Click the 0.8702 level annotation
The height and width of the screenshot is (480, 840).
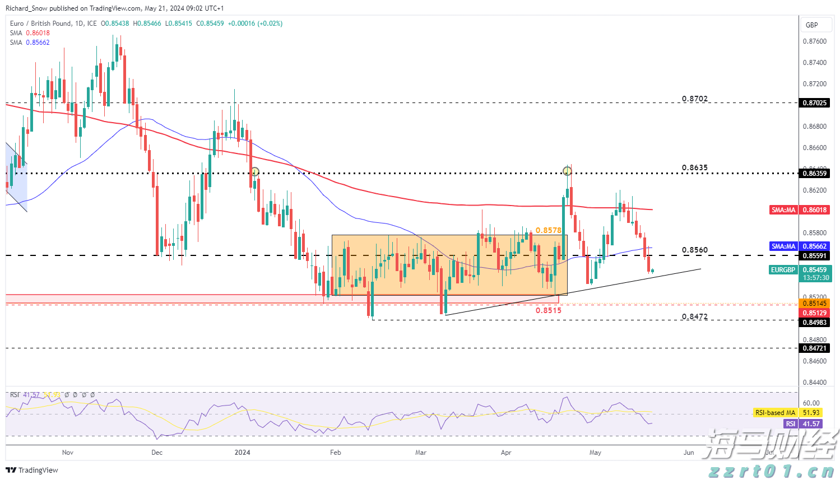[x=694, y=99]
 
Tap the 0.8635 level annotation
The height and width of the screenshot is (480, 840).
[x=694, y=168]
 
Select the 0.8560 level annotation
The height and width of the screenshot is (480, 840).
[x=694, y=250]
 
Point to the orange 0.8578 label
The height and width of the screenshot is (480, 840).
[x=548, y=230]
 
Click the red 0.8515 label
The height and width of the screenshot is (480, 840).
[x=548, y=310]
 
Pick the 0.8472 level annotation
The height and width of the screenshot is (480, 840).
[x=694, y=316]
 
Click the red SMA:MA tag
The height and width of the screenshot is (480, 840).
[x=783, y=210]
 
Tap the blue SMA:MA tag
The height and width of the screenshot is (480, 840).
[x=783, y=246]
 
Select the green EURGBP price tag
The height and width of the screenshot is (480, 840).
[x=783, y=270]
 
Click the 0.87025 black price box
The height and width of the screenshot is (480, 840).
[x=814, y=103]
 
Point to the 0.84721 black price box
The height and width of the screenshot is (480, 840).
[x=814, y=348]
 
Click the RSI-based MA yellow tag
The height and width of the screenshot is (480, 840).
[x=775, y=413]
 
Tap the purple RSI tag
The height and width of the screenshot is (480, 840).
[x=790, y=424]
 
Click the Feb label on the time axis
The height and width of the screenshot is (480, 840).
[x=335, y=453]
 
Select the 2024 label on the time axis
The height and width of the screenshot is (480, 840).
[x=243, y=453]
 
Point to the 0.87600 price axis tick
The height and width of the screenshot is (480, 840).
[x=814, y=41]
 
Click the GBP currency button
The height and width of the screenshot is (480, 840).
[x=811, y=25]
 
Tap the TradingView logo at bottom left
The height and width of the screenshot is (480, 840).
[x=32, y=470]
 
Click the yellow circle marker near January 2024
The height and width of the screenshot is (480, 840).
[x=255, y=171]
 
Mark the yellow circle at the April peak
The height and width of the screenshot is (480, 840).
[x=567, y=170]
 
